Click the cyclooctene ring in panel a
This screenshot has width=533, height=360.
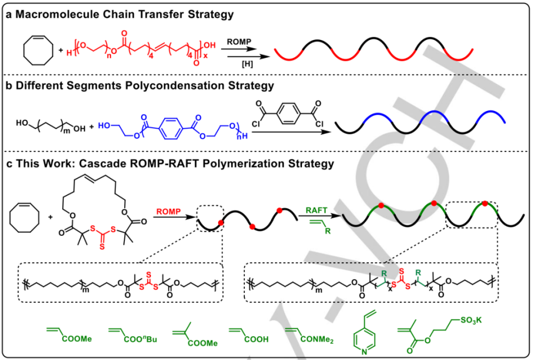(38, 50)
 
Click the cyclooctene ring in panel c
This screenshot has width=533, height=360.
(24, 217)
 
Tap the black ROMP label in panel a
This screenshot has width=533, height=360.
(239, 42)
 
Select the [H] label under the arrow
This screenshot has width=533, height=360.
(247, 64)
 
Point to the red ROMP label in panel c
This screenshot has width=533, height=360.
(168, 211)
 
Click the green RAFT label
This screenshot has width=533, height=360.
(316, 210)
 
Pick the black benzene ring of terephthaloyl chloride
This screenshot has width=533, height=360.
(288, 113)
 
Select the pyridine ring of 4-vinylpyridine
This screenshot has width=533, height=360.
(364, 338)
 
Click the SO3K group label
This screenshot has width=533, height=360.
(471, 320)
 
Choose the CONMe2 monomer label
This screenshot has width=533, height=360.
(317, 339)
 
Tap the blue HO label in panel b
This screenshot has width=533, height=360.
(104, 125)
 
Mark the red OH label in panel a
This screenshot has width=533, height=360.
(210, 45)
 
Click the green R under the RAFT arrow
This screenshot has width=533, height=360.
(328, 231)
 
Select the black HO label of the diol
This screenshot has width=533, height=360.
(22, 123)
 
